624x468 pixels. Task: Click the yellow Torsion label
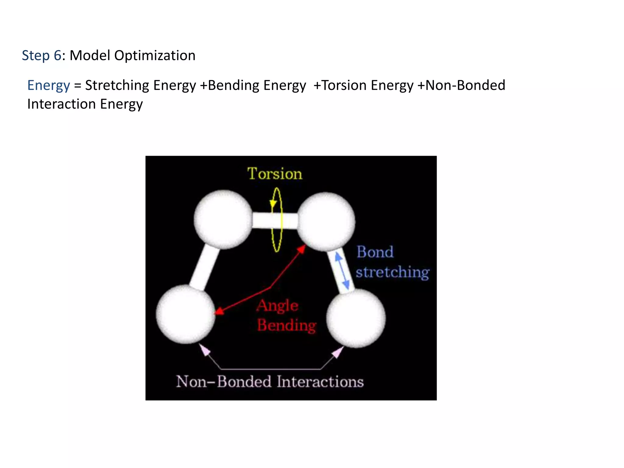coord(275,174)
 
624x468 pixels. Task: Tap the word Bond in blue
coord(375,252)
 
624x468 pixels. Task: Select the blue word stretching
coord(392,272)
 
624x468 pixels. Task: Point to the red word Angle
coord(277,306)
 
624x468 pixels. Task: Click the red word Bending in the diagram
coord(287,325)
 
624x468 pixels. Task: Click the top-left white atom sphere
coord(223,219)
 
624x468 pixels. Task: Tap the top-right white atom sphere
coord(326,222)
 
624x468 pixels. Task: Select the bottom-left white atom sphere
coord(186,314)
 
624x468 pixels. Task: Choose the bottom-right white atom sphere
coord(356,318)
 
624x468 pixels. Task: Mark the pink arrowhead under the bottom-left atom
coord(205,350)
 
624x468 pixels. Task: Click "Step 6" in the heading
coord(41,55)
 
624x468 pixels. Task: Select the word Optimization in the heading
coord(155,55)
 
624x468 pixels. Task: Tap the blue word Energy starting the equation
coord(48,85)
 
